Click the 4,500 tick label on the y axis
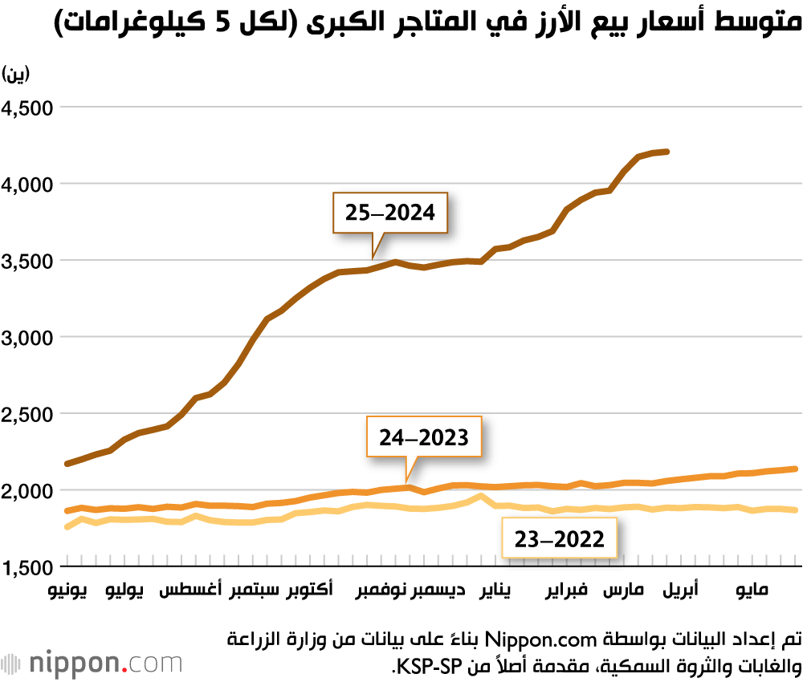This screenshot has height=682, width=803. point(29,108)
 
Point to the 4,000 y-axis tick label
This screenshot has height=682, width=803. point(29,185)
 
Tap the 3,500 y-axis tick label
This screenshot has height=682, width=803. point(29,262)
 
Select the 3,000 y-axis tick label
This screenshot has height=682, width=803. point(29,338)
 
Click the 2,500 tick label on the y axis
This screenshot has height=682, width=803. point(29,414)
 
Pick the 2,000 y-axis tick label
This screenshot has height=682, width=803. point(29,491)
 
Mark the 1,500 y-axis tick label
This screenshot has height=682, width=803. point(29,567)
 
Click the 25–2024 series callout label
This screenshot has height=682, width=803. point(390,213)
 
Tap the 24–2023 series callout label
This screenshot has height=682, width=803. point(423,437)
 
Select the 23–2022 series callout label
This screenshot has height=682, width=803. point(559,538)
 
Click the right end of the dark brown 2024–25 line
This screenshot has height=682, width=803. point(668,151)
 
